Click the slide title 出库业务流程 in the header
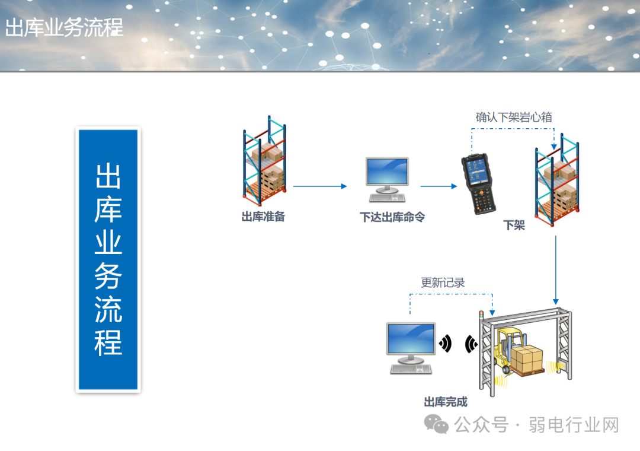coord(64,28)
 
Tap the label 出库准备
coord(263,217)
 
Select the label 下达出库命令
coord(392,217)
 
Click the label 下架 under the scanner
coord(514,225)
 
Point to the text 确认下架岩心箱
coord(514,117)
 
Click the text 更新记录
coord(443,282)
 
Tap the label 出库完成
coord(446,402)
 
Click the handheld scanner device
coord(479,183)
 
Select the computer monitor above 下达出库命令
coord(387,176)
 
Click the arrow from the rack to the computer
coord(319,186)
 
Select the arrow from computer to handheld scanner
coord(439,186)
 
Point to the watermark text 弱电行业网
coord(574,425)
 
